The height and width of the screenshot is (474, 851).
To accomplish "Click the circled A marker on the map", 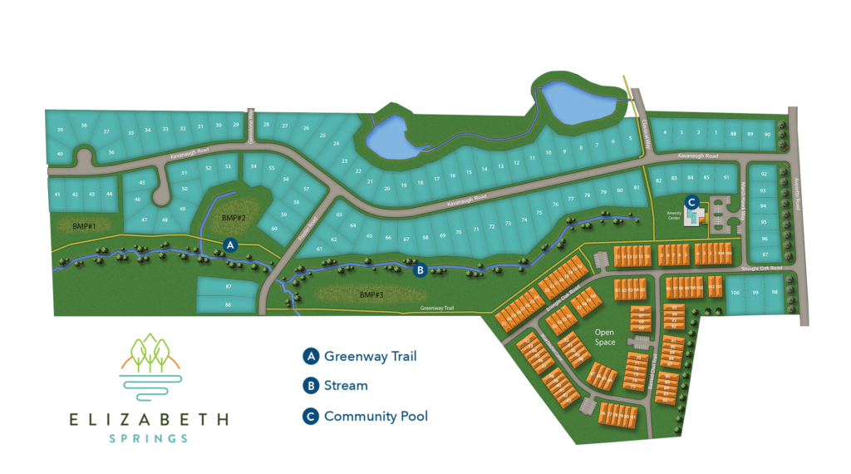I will click(x=231, y=244).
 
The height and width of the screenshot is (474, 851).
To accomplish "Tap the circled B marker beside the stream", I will click(x=421, y=269).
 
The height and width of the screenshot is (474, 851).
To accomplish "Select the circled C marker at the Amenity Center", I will click(x=691, y=200).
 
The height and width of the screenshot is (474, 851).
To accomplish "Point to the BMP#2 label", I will click(x=234, y=218).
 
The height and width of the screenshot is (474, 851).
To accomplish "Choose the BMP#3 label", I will click(x=371, y=294).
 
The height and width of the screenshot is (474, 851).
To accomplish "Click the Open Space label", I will click(x=605, y=337).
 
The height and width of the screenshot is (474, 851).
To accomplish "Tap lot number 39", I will click(x=60, y=131).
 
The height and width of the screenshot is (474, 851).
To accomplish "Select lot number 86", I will click(x=228, y=305).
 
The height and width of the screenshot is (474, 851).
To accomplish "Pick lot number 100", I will click(x=735, y=293).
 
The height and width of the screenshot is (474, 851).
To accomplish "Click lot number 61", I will click(x=318, y=249).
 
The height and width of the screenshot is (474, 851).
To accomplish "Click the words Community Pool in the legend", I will click(x=376, y=416).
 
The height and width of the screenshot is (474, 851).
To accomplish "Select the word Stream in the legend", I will click(x=346, y=386).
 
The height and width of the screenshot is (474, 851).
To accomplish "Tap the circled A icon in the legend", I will click(x=310, y=357).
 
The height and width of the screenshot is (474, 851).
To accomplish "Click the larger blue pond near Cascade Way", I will click(x=578, y=102).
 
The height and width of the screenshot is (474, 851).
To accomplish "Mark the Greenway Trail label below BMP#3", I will click(x=438, y=309).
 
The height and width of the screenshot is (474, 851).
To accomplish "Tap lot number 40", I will click(x=60, y=154).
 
